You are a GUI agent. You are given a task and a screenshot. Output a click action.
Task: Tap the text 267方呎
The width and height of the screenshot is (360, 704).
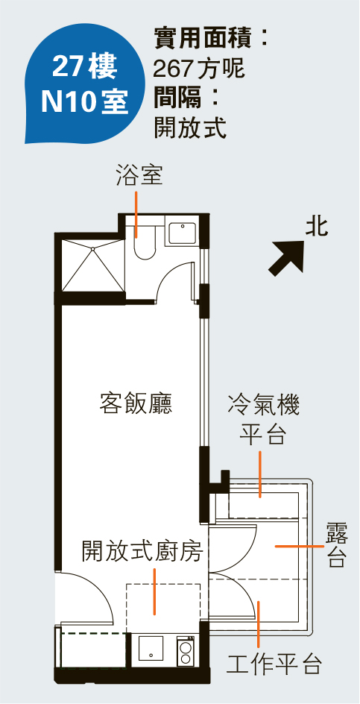coord(199,69)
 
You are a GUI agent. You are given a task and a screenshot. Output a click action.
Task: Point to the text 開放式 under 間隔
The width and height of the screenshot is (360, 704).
coord(190,128)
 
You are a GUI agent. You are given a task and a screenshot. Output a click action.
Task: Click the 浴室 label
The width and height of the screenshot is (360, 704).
coord(139,175)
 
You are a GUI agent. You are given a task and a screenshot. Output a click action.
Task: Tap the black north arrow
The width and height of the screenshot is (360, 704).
coord(287,257)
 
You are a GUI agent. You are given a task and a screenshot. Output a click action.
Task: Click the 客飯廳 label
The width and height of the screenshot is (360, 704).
coord(136,403)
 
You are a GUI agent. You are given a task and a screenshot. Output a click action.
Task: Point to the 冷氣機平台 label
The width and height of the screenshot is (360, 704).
coord(264,418)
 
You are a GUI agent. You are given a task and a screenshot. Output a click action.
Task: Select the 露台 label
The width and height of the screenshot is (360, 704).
coord(337,544)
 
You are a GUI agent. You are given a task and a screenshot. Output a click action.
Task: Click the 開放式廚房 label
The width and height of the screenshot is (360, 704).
coord(142,551)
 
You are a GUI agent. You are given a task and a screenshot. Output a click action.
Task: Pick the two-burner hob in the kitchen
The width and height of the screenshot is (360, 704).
coord(185,650)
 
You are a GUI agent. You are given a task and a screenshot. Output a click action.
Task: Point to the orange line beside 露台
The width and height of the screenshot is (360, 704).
coord(299,547)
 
